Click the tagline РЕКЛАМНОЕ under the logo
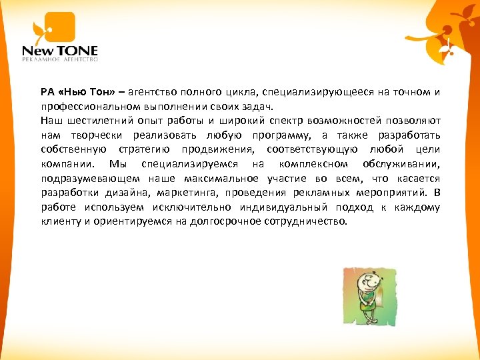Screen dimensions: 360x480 41,60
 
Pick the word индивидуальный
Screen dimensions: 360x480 278,208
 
